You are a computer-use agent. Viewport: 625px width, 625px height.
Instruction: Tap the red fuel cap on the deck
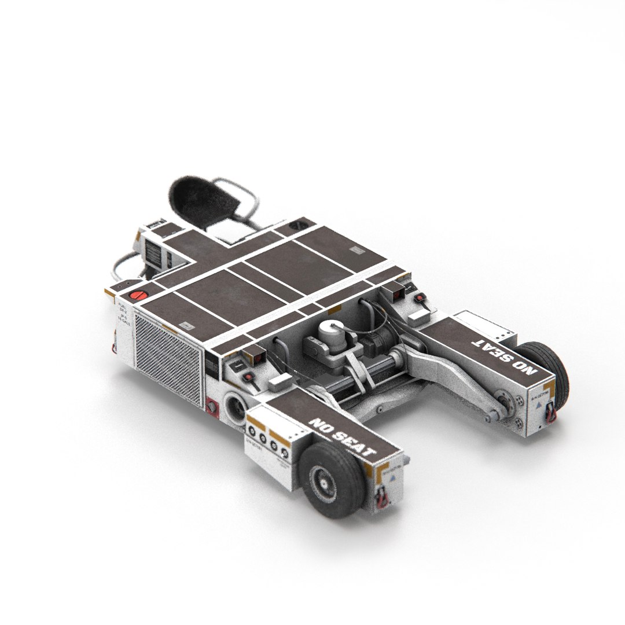[x=138, y=295]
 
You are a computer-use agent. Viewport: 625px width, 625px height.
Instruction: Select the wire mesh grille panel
[x=168, y=355]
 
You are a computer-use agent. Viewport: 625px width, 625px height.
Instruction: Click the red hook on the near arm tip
[x=380, y=497]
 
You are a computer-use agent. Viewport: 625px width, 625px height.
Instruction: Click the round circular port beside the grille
[x=236, y=409]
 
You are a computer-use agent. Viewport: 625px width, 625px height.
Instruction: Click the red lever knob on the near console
[x=249, y=378]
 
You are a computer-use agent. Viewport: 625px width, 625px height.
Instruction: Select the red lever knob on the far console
[x=419, y=297]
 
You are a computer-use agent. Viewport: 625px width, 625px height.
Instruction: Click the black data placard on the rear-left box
[x=154, y=254]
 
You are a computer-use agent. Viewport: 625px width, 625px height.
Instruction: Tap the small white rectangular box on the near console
[x=281, y=381]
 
